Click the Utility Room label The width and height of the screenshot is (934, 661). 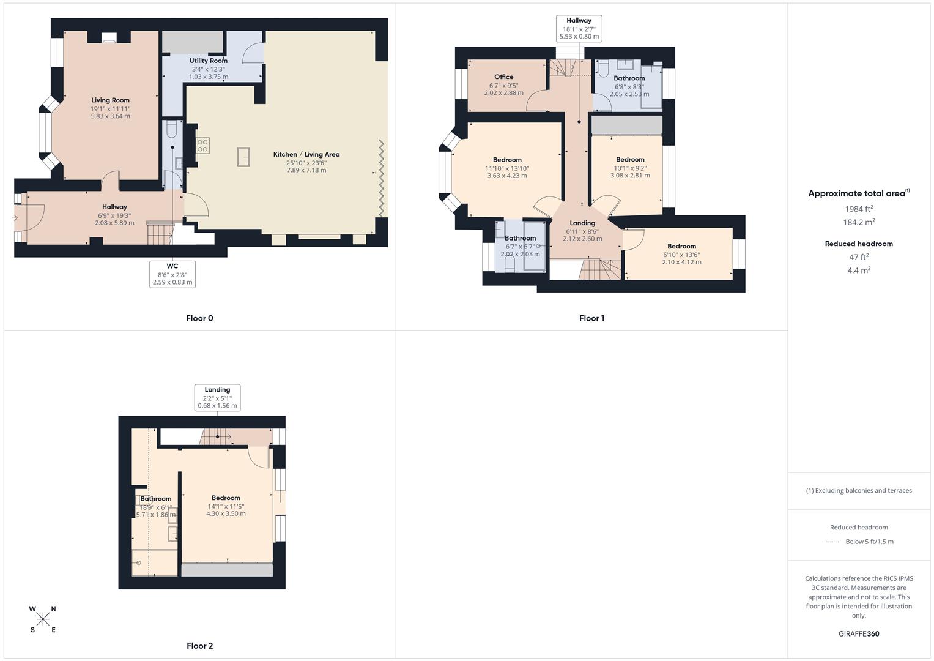(208, 61)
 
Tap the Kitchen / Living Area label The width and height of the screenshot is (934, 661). (306, 155)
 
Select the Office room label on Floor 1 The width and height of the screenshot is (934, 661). (503, 77)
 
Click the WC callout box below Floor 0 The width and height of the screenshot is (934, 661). (172, 274)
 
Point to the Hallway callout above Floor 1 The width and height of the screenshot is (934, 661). (579, 29)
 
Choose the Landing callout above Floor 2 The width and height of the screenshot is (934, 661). (217, 398)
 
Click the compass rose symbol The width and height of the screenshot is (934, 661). (43, 619)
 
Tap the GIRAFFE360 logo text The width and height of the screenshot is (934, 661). (859, 634)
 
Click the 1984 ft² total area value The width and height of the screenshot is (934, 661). (859, 209)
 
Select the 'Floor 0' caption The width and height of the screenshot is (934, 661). (199, 318)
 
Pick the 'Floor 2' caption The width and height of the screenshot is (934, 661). (199, 646)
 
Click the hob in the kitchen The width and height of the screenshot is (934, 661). (202, 146)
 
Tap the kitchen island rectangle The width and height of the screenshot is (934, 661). (243, 157)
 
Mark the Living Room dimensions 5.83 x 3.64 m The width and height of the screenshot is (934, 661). (110, 116)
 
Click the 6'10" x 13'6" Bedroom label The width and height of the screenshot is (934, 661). (681, 255)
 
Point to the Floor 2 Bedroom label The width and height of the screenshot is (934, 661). (226, 498)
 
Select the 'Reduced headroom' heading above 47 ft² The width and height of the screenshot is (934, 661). (859, 244)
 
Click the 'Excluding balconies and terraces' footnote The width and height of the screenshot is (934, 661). (859, 491)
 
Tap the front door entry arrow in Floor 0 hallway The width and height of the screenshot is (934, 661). (15, 218)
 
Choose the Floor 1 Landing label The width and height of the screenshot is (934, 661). (582, 223)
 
